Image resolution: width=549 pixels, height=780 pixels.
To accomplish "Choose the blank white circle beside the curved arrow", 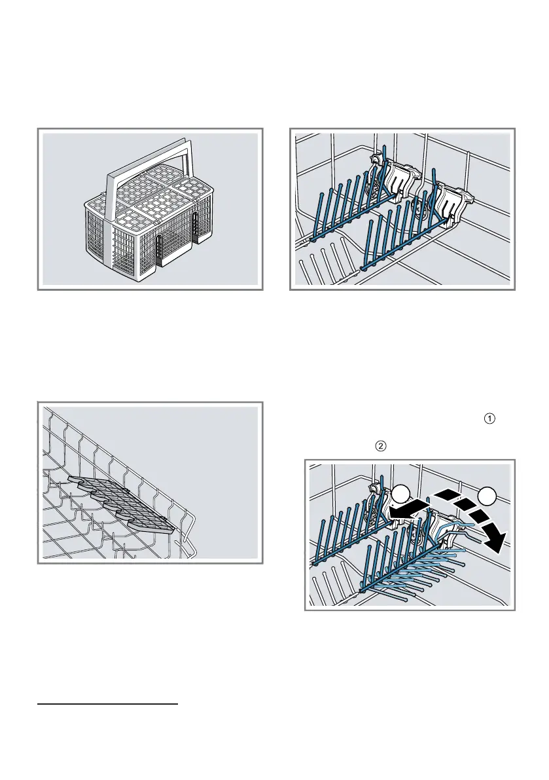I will [x=486, y=496].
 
